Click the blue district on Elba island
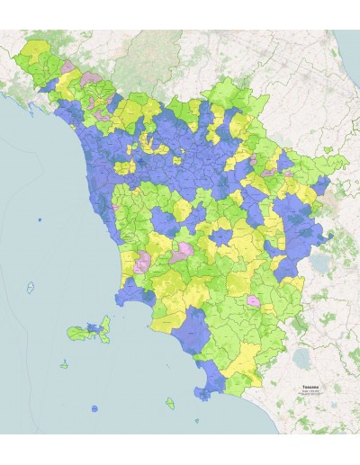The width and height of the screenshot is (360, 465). [93, 326]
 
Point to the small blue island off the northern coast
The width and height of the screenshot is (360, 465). [39, 219]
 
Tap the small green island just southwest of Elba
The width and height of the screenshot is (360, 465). [65, 365]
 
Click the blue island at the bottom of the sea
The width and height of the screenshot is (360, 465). [94, 409]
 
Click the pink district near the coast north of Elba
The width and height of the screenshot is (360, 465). [141, 262]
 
